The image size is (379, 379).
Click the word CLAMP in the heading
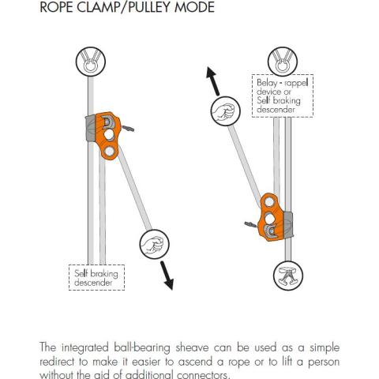[x=100, y=6]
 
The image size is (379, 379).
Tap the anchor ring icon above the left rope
[x=91, y=62]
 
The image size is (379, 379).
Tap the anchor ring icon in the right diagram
[x=283, y=62]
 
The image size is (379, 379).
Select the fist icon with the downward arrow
[x=154, y=244]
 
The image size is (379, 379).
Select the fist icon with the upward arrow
[x=226, y=111]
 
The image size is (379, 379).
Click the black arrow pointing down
[x=167, y=276]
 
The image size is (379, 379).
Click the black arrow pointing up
[x=212, y=81]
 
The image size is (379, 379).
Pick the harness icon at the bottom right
[x=288, y=276]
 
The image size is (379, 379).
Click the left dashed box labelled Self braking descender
[x=96, y=277]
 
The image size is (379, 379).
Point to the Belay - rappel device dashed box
[x=283, y=96]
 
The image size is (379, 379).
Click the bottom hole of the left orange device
[x=109, y=152]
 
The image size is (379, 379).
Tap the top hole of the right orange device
[x=269, y=202]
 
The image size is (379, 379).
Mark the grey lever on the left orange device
[x=127, y=128]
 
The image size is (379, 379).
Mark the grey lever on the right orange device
[x=251, y=224]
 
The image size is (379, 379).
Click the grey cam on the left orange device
[x=91, y=128]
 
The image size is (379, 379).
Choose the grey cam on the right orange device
[x=288, y=225]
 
